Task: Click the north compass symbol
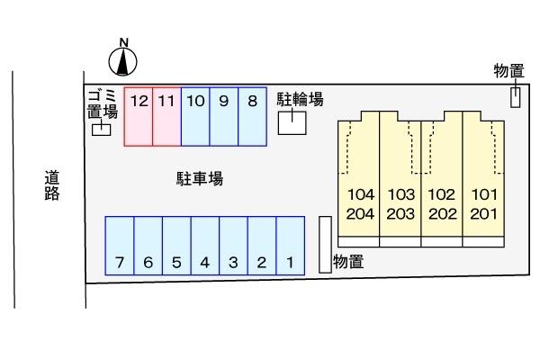(124, 59)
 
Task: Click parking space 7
(120, 250)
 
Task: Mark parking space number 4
(205, 250)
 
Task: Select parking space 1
(290, 250)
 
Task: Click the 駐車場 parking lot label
(199, 179)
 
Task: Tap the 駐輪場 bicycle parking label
(300, 99)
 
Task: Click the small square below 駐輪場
(291, 122)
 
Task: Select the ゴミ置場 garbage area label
(103, 104)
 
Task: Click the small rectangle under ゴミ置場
(103, 130)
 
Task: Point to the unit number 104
(359, 194)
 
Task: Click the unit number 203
(400, 214)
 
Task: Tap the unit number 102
(441, 194)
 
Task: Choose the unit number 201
(482, 214)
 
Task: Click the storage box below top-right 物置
(516, 96)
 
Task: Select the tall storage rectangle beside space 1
(325, 244)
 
